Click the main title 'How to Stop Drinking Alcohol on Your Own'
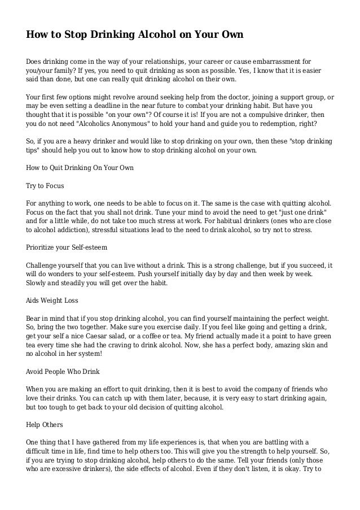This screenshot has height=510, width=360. tap(135, 34)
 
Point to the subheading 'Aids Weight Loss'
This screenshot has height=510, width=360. tap(54, 300)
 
